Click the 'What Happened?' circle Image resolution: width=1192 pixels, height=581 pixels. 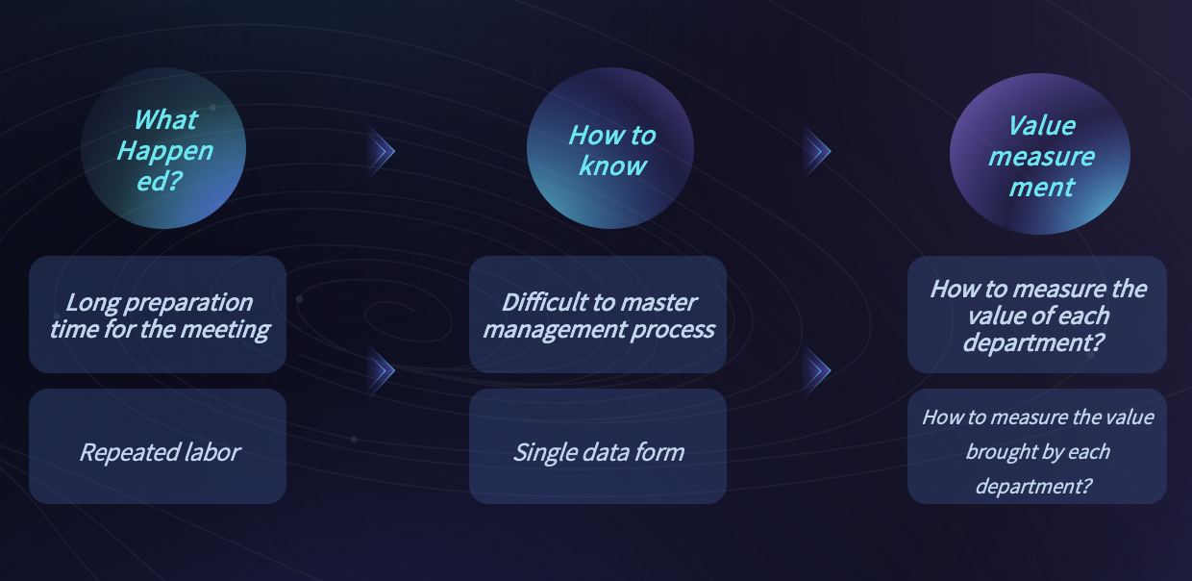point(162,148)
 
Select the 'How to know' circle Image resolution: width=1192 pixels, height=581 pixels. point(609,148)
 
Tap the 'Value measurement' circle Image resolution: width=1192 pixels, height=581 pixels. point(1040,154)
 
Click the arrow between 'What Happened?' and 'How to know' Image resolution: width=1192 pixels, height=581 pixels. point(381,151)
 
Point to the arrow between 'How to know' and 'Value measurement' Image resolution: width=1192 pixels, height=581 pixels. point(817,151)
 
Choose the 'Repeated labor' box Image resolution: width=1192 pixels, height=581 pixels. point(158,446)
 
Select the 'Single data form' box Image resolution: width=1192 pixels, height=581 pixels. point(598,446)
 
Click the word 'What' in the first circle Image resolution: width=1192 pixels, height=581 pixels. point(166,120)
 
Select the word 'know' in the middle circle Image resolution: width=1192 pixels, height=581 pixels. point(612,166)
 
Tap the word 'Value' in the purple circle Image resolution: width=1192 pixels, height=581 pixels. point(1041,126)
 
